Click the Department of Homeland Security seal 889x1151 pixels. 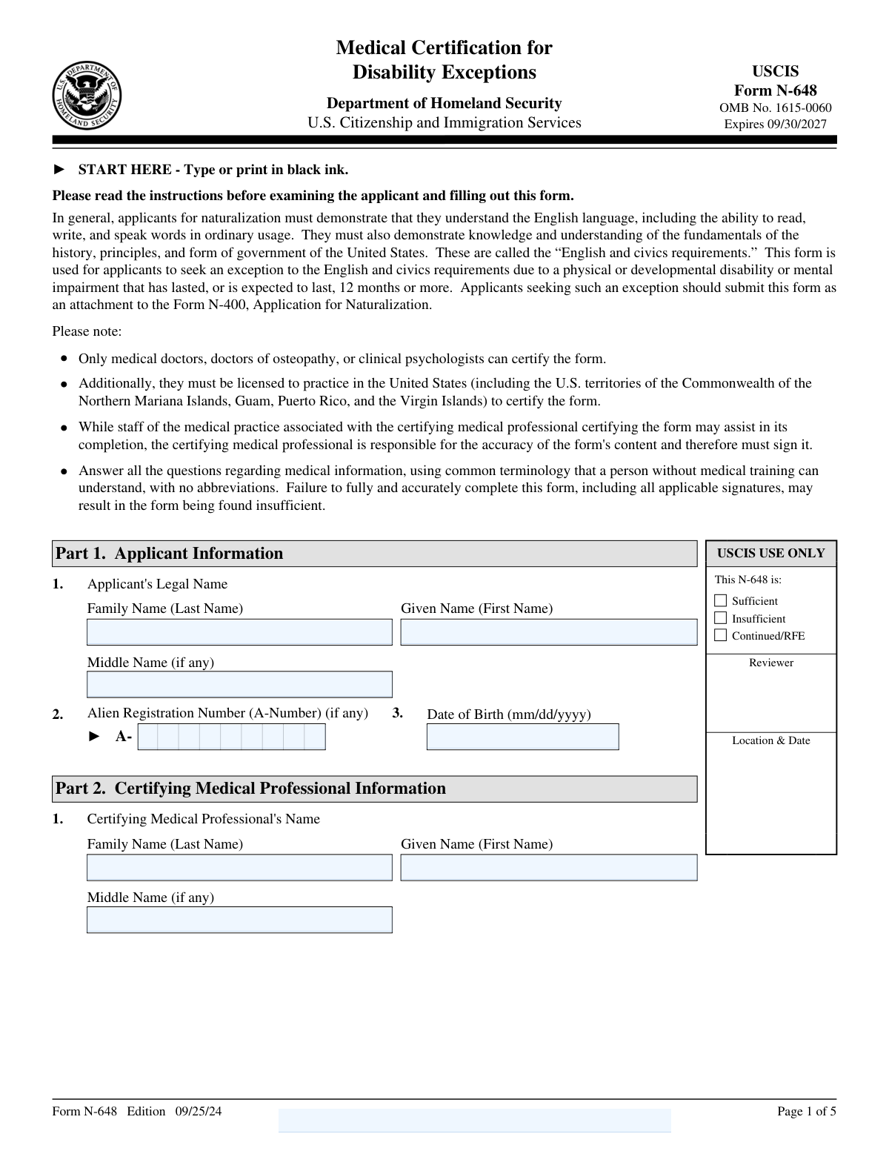coord(87,96)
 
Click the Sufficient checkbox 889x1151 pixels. coord(720,600)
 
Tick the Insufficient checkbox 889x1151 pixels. coord(720,618)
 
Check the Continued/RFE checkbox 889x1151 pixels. coord(720,635)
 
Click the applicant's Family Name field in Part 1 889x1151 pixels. coord(239,632)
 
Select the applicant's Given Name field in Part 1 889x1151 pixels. coord(549,632)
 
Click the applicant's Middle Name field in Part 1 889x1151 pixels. coord(239,685)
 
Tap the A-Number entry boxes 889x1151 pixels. coord(231,737)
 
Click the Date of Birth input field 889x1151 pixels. coord(522,737)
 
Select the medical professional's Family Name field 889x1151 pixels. coord(239,868)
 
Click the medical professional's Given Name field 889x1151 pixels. coord(549,868)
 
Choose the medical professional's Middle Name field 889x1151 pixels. coord(239,920)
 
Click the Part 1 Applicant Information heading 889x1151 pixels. coord(170,554)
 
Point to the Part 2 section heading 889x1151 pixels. coord(251,789)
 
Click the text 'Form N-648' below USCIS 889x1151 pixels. coord(775,90)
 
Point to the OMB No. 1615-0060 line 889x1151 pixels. coord(775,108)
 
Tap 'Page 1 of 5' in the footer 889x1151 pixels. coord(806,1111)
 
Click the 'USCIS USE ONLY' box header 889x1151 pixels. coord(770,554)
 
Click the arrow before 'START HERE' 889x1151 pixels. coord(60,170)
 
